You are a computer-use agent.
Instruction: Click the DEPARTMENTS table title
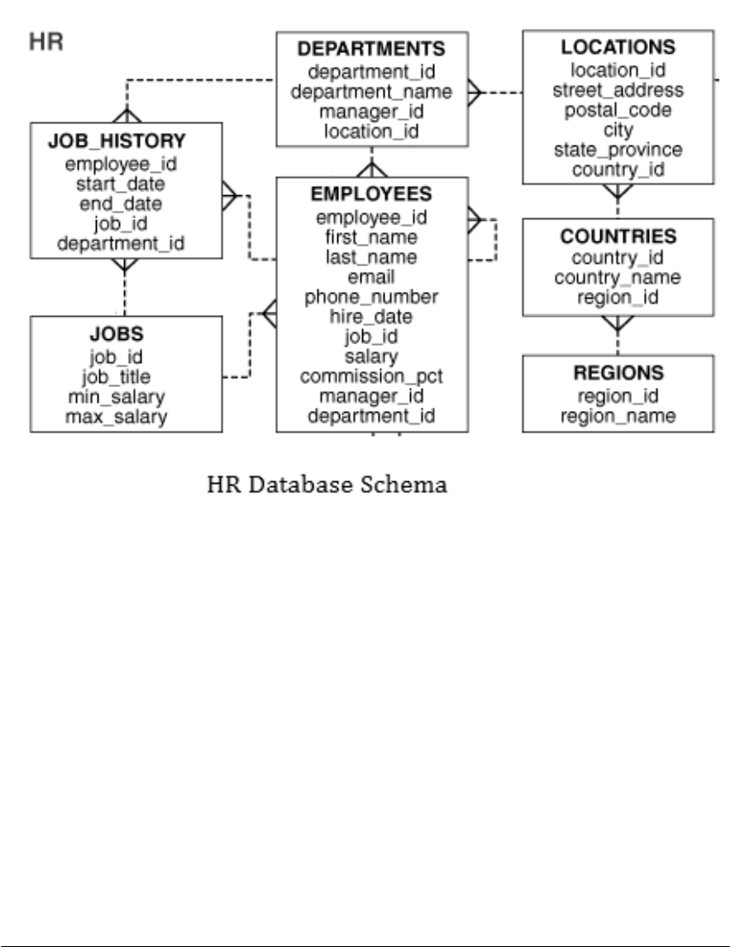(x=371, y=48)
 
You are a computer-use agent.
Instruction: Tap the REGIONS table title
(x=617, y=373)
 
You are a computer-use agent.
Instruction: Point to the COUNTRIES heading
(x=617, y=235)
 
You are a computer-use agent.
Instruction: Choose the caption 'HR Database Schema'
(x=327, y=485)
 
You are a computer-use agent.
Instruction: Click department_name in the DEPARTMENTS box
(x=371, y=91)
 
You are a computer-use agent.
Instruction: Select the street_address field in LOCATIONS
(x=617, y=90)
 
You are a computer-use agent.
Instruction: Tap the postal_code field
(x=617, y=110)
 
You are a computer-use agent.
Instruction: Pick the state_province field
(x=617, y=150)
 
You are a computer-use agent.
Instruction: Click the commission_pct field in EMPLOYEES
(x=371, y=376)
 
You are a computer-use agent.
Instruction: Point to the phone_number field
(x=371, y=297)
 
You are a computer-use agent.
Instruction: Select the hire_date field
(x=371, y=317)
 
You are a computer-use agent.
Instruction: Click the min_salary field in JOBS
(x=116, y=397)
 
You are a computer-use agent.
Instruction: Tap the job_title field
(x=116, y=377)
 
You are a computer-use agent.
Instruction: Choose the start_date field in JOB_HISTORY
(x=116, y=183)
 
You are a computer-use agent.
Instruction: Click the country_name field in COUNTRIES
(x=617, y=277)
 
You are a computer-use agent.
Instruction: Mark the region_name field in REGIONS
(x=617, y=416)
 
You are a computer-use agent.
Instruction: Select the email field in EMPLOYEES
(x=371, y=277)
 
